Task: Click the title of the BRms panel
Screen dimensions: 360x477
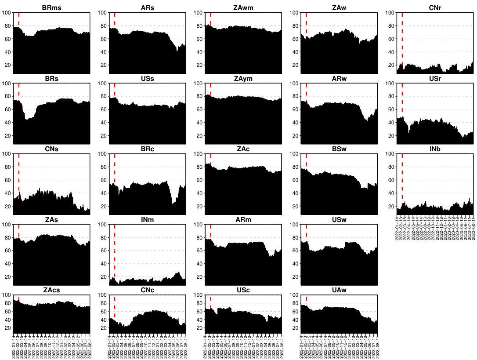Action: pos(51,8)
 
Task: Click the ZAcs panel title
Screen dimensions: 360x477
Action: pos(51,290)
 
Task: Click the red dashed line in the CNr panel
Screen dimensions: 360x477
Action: pos(402,40)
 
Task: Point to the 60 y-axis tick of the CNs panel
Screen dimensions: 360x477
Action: pos(8,180)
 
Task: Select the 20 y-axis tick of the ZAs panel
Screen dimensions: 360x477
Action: pos(8,277)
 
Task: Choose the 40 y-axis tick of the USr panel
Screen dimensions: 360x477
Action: pos(391,123)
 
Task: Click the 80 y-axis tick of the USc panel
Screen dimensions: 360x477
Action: pos(200,303)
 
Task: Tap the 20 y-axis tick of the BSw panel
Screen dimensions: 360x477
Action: pos(296,207)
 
